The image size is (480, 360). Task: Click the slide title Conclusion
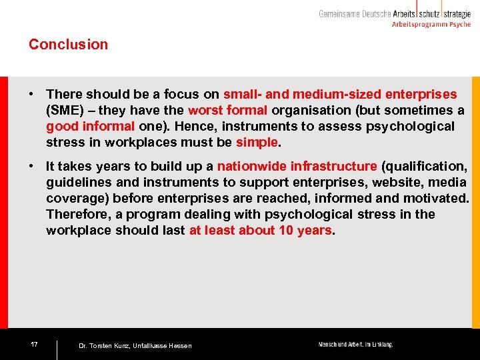point(68,45)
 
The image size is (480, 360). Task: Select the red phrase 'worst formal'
point(227,111)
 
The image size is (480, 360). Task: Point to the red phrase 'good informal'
point(90,127)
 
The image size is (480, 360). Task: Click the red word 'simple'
point(256,143)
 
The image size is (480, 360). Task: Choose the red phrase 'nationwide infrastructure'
point(297,166)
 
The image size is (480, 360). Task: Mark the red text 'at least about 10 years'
point(260,231)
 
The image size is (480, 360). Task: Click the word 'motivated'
point(437,198)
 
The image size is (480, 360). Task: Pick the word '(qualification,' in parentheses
point(424,166)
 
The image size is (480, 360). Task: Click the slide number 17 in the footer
point(34,345)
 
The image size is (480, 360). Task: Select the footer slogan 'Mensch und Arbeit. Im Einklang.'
point(355,345)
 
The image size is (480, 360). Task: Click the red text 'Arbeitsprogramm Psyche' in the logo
point(431,24)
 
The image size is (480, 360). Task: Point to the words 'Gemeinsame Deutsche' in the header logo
point(354,13)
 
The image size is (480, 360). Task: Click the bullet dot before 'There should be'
point(31,95)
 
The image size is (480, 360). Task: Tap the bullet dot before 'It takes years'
point(31,166)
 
